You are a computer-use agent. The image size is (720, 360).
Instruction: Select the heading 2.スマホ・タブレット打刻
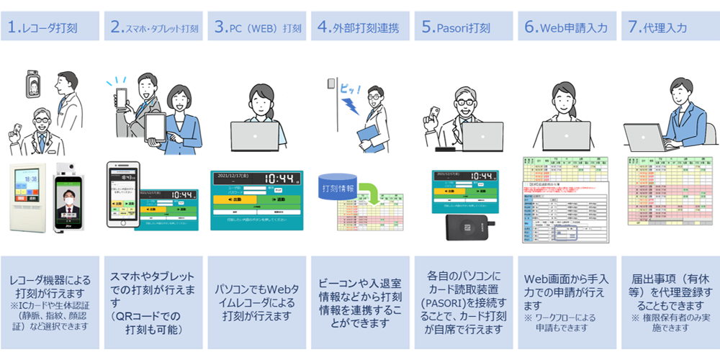(155, 28)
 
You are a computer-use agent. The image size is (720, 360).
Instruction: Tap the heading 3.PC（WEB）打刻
(258, 28)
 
